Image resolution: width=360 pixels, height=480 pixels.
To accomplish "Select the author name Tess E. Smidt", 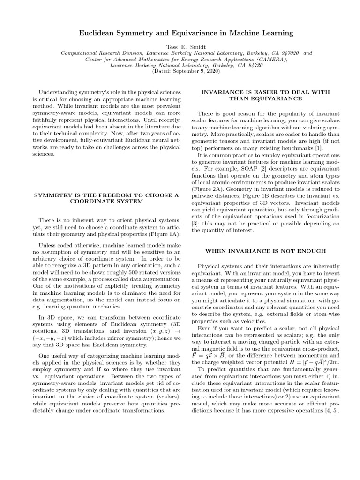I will click(180, 47).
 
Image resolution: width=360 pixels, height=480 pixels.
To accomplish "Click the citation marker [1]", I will click(321, 148).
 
